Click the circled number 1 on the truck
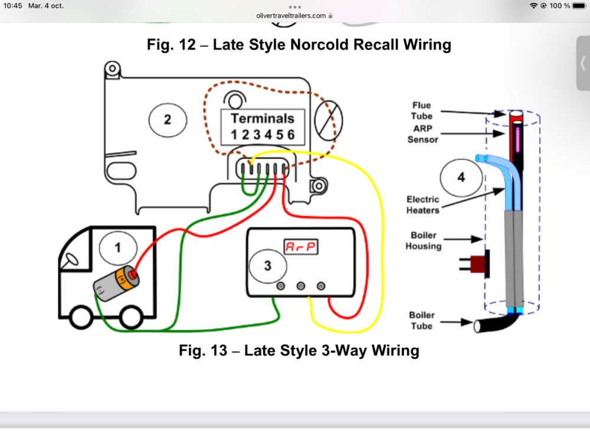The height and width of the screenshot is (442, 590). point(117,248)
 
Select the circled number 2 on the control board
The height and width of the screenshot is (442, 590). point(168,120)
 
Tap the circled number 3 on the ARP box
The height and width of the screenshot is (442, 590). point(267,266)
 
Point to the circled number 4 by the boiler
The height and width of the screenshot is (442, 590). point(461,177)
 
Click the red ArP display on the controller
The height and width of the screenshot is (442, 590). point(301,247)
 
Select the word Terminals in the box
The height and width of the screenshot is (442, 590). point(263,118)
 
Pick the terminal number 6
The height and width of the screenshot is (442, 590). point(291,135)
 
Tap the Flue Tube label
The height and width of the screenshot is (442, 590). point(422,111)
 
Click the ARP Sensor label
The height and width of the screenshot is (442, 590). point(422,134)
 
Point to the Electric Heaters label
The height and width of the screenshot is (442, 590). point(422,205)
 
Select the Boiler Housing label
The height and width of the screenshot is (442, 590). point(423,240)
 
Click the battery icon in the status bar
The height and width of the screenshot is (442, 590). point(579,6)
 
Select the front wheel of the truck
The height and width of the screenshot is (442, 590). point(79,318)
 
